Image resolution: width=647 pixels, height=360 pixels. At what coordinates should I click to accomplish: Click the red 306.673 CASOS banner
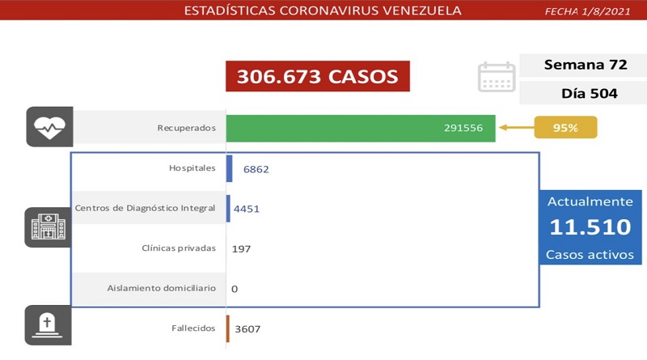tap(317, 77)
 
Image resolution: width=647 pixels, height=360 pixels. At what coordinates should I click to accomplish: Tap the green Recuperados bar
tap(361, 128)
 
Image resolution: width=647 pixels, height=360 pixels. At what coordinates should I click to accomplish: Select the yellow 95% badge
tap(565, 128)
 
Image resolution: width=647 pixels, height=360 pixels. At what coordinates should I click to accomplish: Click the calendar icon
tap(497, 77)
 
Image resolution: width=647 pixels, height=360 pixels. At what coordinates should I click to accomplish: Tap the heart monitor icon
tap(49, 127)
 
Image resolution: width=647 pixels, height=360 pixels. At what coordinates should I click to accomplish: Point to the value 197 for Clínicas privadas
tap(241, 248)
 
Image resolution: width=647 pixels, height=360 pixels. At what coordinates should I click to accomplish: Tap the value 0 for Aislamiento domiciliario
tap(235, 288)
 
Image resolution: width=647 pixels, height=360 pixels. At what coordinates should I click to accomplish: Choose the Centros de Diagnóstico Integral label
tap(145, 209)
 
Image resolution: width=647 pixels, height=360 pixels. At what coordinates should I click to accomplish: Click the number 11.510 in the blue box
tap(590, 227)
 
